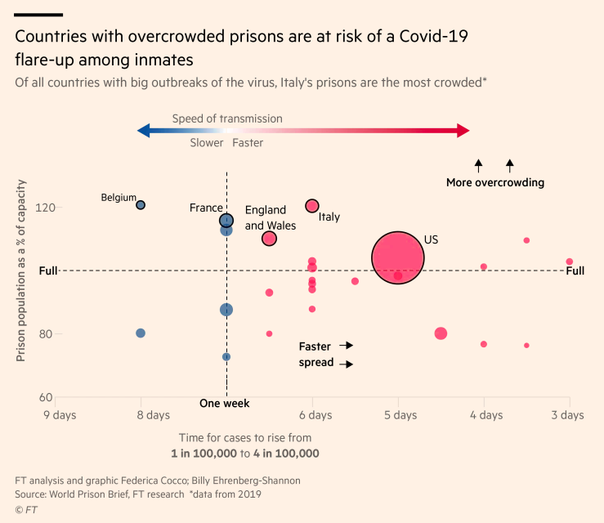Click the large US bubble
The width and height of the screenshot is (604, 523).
pos(398,257)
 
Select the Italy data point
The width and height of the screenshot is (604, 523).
pos(312,206)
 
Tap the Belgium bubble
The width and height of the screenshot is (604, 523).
pos(141,205)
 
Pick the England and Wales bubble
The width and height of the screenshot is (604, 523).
pos(269,239)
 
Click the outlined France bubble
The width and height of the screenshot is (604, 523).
pos(226,221)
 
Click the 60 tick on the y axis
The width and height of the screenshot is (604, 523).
pos(47,398)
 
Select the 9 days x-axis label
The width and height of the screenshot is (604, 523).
pos(60,415)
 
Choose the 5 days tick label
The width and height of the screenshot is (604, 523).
pos(400,415)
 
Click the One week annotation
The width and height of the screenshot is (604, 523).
pos(225,403)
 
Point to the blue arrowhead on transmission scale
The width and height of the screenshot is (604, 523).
pos(144,131)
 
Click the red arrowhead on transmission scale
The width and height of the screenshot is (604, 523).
pos(463,131)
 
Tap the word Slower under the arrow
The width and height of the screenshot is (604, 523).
pos(207,142)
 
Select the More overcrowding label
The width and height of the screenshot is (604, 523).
pos(494,182)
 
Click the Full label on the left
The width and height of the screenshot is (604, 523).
pos(47,270)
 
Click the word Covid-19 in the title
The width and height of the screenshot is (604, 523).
pos(438,37)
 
